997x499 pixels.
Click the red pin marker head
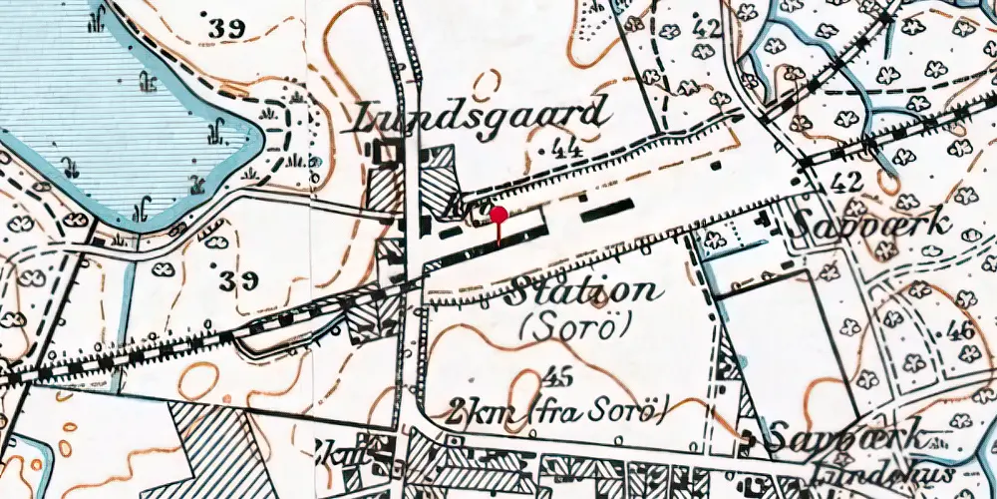pos(498,215)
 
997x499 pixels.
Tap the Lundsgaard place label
pos(481,117)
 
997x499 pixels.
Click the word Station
pos(585,292)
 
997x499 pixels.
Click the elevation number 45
pos(560,377)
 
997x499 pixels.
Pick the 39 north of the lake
pos(227,29)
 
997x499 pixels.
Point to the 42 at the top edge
pos(706,28)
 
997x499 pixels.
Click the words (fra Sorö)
pos(598,408)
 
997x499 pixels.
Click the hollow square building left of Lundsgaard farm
pos(386,152)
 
